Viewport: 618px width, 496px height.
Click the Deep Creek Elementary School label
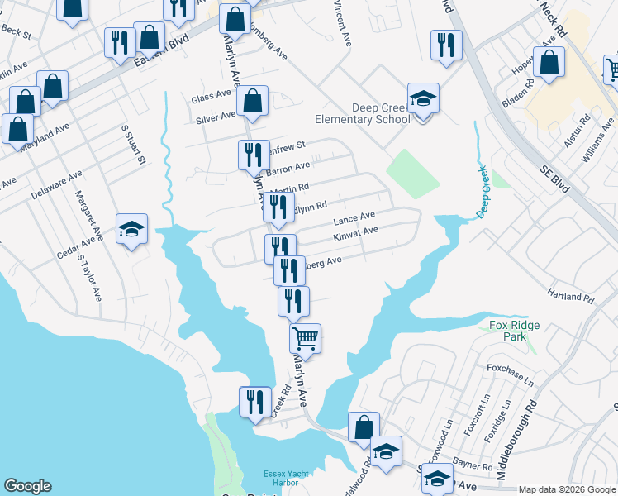[381, 113]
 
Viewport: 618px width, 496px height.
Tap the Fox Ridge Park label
[513, 331]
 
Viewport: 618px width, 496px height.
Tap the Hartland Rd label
[571, 295]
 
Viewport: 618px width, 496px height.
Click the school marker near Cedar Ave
[131, 229]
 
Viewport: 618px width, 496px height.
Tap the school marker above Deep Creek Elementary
[423, 99]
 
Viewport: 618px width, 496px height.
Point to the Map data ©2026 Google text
[567, 489]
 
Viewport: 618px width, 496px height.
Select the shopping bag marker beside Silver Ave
[252, 103]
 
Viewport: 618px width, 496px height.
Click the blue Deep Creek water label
[482, 192]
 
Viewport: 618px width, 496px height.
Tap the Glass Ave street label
[212, 98]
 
